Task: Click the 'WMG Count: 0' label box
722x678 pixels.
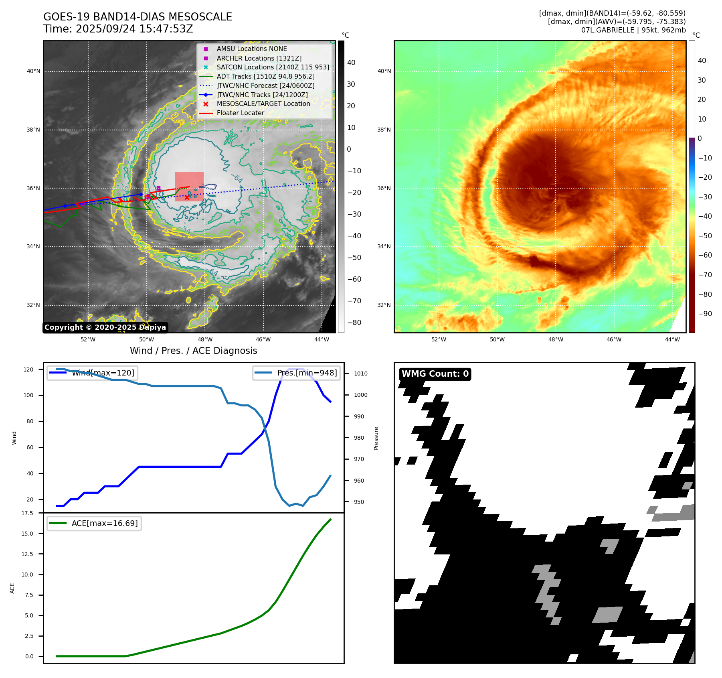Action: tap(435, 374)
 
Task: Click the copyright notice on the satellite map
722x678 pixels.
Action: tap(105, 327)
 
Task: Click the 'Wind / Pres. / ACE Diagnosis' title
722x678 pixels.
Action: tap(194, 351)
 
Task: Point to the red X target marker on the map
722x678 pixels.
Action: tap(187, 197)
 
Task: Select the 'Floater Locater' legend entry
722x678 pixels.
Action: tap(240, 113)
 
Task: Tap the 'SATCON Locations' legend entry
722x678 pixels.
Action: tap(273, 67)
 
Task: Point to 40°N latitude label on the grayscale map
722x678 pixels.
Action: tap(34, 71)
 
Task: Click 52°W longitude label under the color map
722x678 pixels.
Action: tap(439, 339)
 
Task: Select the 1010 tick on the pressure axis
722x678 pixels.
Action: tap(360, 374)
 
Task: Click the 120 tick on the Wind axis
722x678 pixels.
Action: tap(28, 369)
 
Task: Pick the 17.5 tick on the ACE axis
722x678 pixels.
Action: tap(27, 513)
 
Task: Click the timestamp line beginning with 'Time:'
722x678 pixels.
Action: tap(118, 29)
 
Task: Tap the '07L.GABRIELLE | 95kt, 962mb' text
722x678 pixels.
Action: tap(633, 30)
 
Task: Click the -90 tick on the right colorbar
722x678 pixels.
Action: tap(705, 314)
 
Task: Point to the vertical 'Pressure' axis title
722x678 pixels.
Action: tap(376, 438)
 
